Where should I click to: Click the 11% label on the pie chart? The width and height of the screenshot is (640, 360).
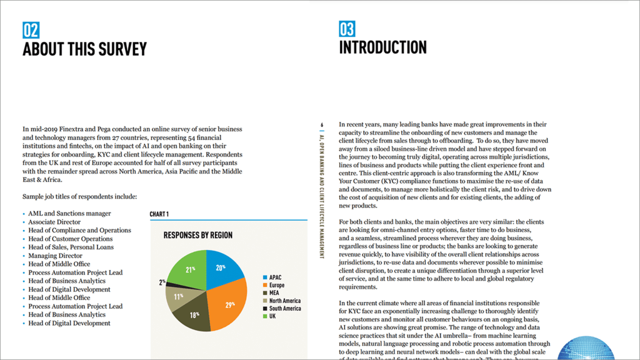click(x=178, y=296)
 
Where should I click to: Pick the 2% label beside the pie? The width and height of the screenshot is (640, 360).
click(x=162, y=282)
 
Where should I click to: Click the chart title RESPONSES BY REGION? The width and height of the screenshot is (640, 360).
click(x=197, y=236)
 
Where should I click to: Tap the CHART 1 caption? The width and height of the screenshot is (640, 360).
click(x=159, y=214)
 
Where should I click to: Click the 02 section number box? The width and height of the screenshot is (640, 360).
click(x=31, y=29)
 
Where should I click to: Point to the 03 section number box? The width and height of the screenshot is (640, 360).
click(x=347, y=29)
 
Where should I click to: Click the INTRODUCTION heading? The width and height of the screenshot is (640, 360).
click(x=382, y=47)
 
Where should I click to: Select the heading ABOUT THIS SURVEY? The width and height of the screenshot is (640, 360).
click(x=84, y=49)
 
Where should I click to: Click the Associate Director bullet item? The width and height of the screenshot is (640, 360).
click(x=54, y=222)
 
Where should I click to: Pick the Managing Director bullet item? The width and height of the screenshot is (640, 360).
click(x=55, y=256)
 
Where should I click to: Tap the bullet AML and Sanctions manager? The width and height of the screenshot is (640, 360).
click(x=69, y=214)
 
